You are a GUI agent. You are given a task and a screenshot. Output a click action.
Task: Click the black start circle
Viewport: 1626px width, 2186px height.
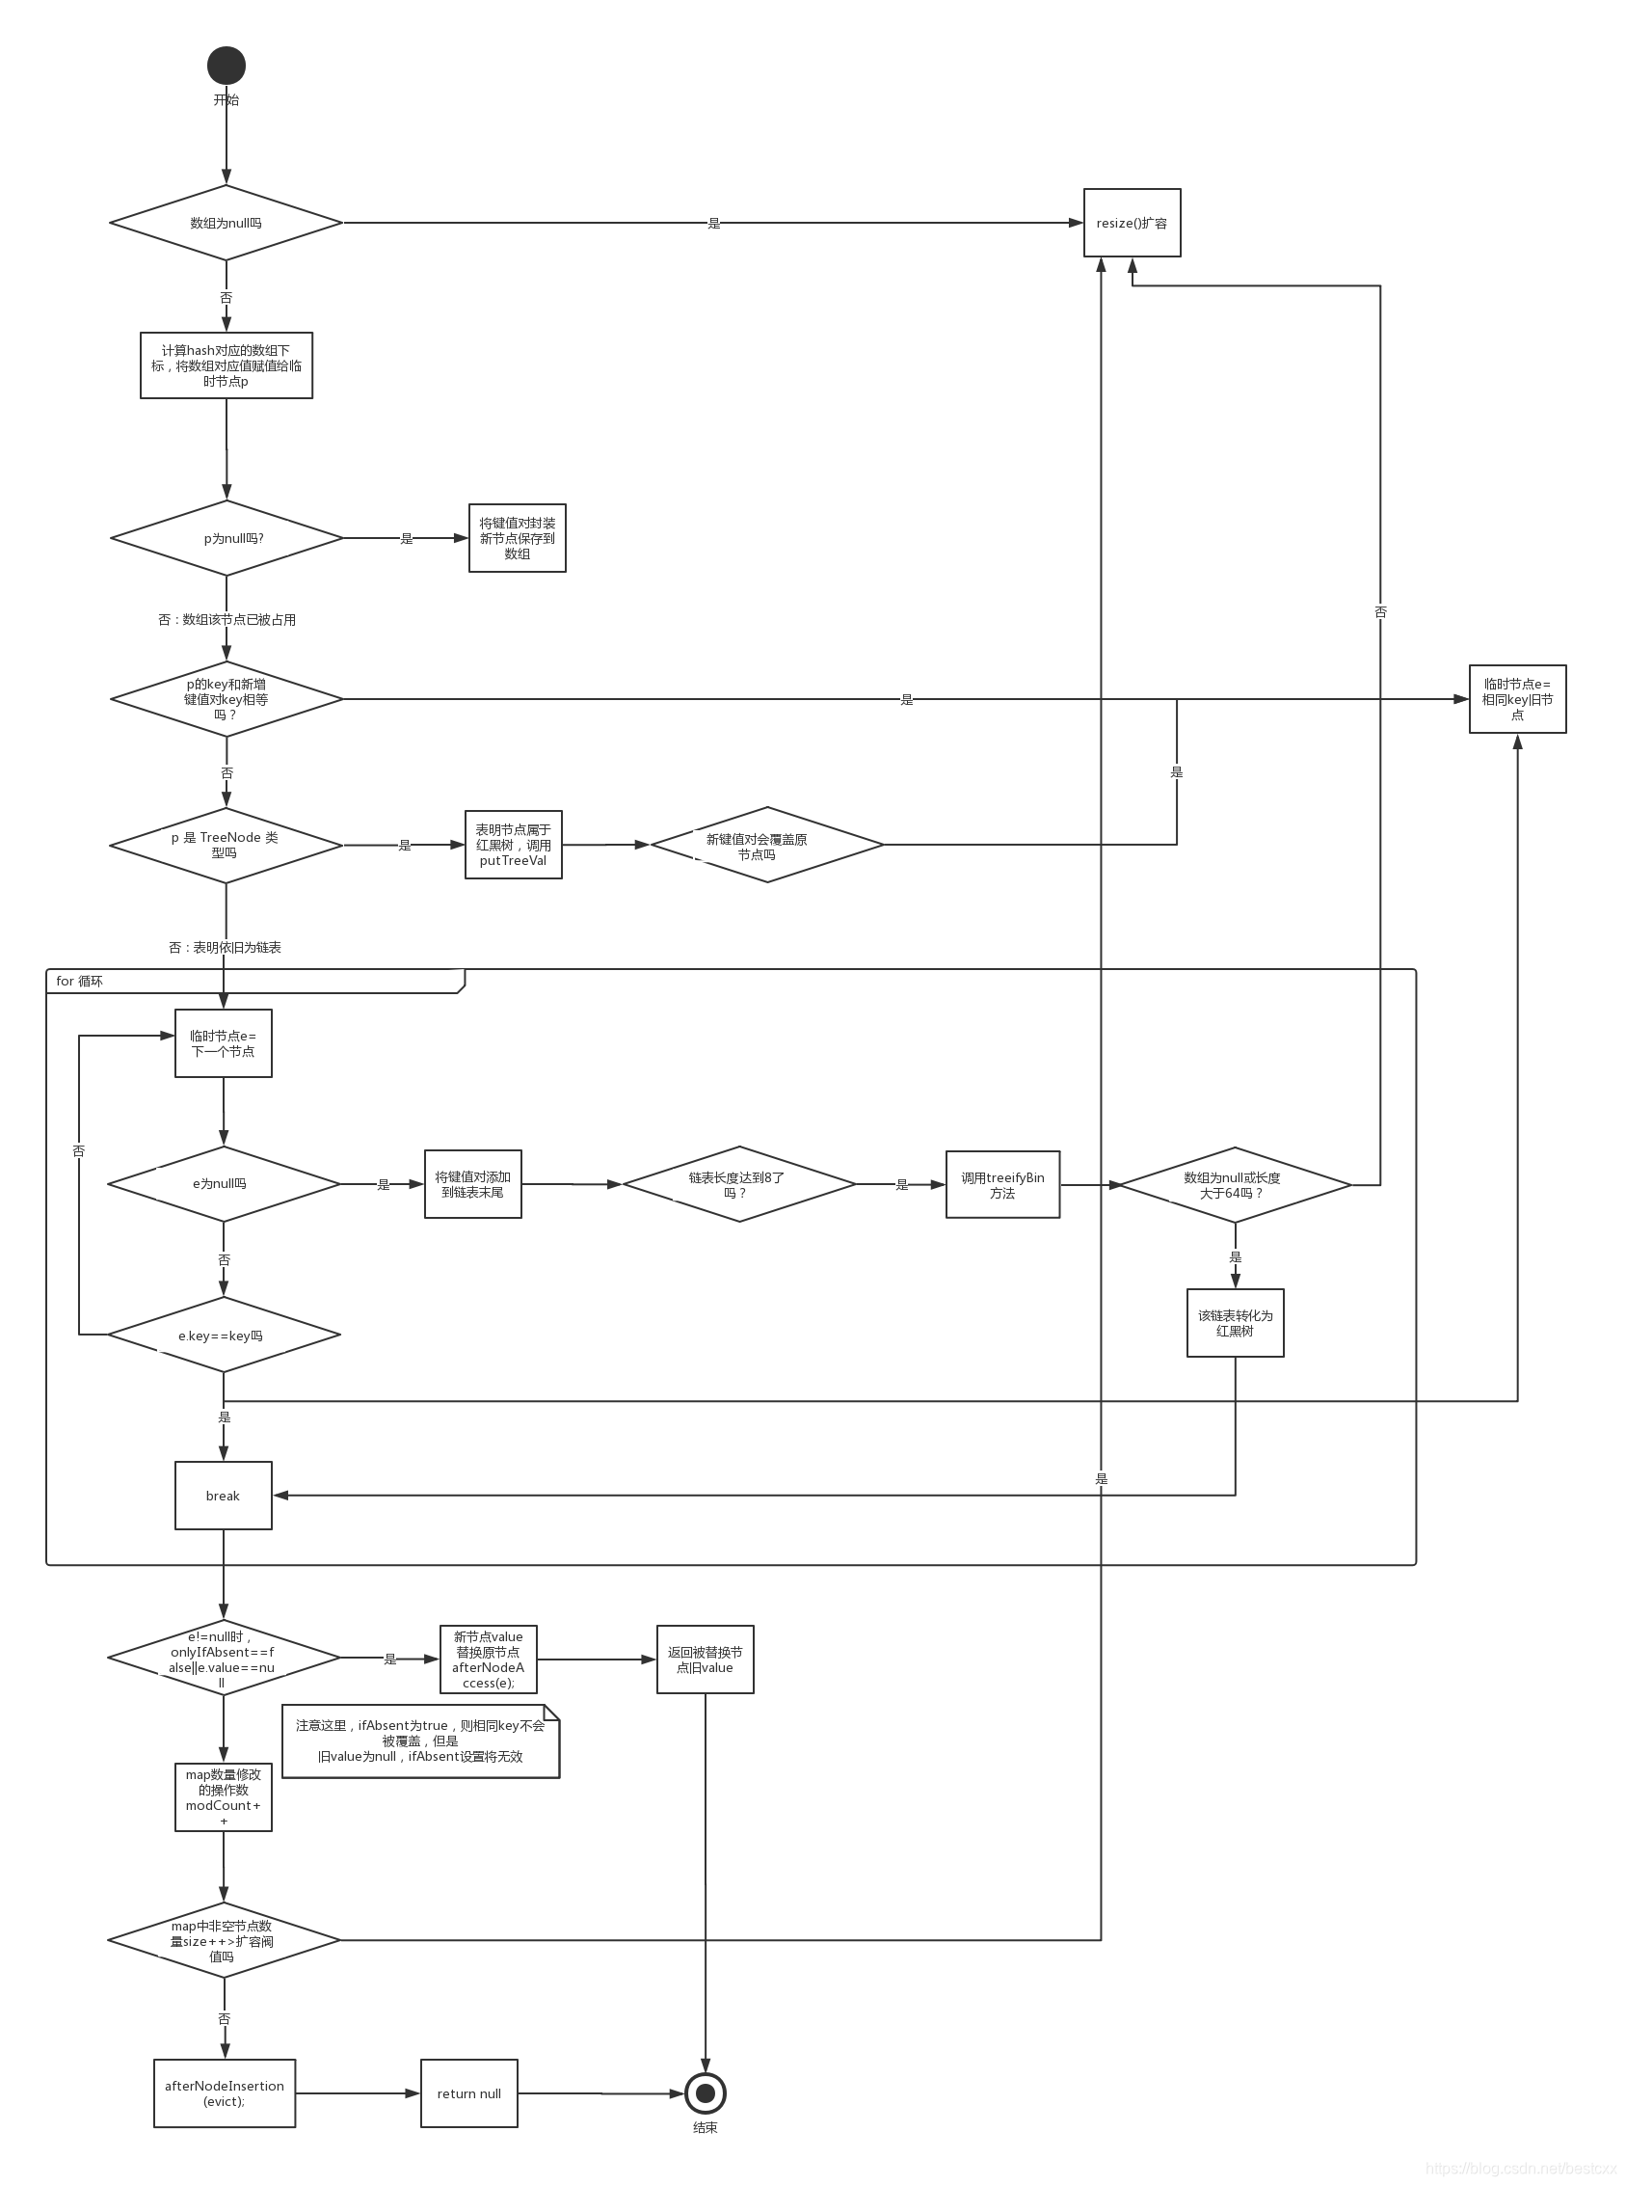(226, 65)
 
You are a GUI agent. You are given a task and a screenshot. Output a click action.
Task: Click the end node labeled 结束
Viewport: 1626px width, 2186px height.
(705, 2092)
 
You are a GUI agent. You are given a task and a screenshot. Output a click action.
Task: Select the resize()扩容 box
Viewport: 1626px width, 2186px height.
(1132, 223)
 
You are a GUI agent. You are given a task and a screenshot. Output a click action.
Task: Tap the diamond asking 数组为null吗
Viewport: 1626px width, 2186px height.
(226, 223)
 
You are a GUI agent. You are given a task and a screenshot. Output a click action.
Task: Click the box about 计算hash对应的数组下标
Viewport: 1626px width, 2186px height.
(226, 365)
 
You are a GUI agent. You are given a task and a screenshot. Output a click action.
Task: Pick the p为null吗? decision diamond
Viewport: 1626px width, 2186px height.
(226, 538)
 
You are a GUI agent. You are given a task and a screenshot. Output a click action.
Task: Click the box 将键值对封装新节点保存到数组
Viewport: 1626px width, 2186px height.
(517, 538)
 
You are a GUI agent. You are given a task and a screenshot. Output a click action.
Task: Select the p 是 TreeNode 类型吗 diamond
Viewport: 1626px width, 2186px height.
(226, 845)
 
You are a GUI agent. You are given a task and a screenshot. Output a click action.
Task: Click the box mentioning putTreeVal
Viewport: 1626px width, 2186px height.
(513, 845)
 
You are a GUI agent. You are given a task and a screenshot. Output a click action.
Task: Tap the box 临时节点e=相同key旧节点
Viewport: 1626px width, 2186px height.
(1517, 699)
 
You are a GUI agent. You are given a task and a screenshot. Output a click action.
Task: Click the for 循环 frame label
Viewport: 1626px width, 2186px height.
(79, 981)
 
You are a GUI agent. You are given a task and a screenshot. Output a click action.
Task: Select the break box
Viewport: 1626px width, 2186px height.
(224, 1495)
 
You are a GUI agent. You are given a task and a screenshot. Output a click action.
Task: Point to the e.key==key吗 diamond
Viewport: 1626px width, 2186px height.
(224, 1336)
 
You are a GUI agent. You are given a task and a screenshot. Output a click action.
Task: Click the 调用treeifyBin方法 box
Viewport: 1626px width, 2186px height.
(1002, 1184)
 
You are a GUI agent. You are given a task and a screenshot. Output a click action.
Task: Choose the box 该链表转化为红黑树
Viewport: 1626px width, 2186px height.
(1235, 1322)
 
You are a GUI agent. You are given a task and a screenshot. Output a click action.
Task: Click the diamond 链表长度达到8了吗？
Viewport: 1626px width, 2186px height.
(738, 1184)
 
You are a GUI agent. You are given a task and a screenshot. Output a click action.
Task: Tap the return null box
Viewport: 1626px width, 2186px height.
(468, 2093)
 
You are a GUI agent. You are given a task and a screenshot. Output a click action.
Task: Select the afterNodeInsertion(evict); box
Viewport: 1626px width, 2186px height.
(225, 2093)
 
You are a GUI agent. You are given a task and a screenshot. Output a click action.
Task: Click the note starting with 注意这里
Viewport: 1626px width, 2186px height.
(420, 1741)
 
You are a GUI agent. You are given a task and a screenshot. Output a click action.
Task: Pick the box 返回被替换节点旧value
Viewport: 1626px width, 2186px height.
(705, 1660)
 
